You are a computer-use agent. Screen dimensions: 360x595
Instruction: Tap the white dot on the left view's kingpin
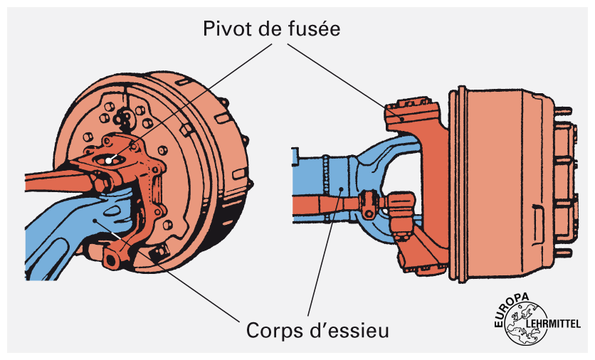click(x=107, y=159)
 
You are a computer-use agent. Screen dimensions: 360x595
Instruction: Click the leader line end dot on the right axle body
click(x=342, y=189)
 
